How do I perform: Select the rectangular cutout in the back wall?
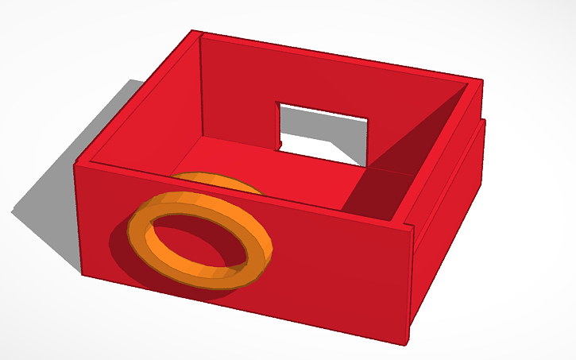point(322,131)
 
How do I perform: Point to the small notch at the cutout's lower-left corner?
point(280,144)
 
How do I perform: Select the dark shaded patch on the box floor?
point(381,195)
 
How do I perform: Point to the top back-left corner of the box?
point(193,32)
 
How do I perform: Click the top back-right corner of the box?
point(481,79)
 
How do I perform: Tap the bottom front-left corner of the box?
point(82,274)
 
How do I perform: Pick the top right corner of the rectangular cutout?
point(368,120)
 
